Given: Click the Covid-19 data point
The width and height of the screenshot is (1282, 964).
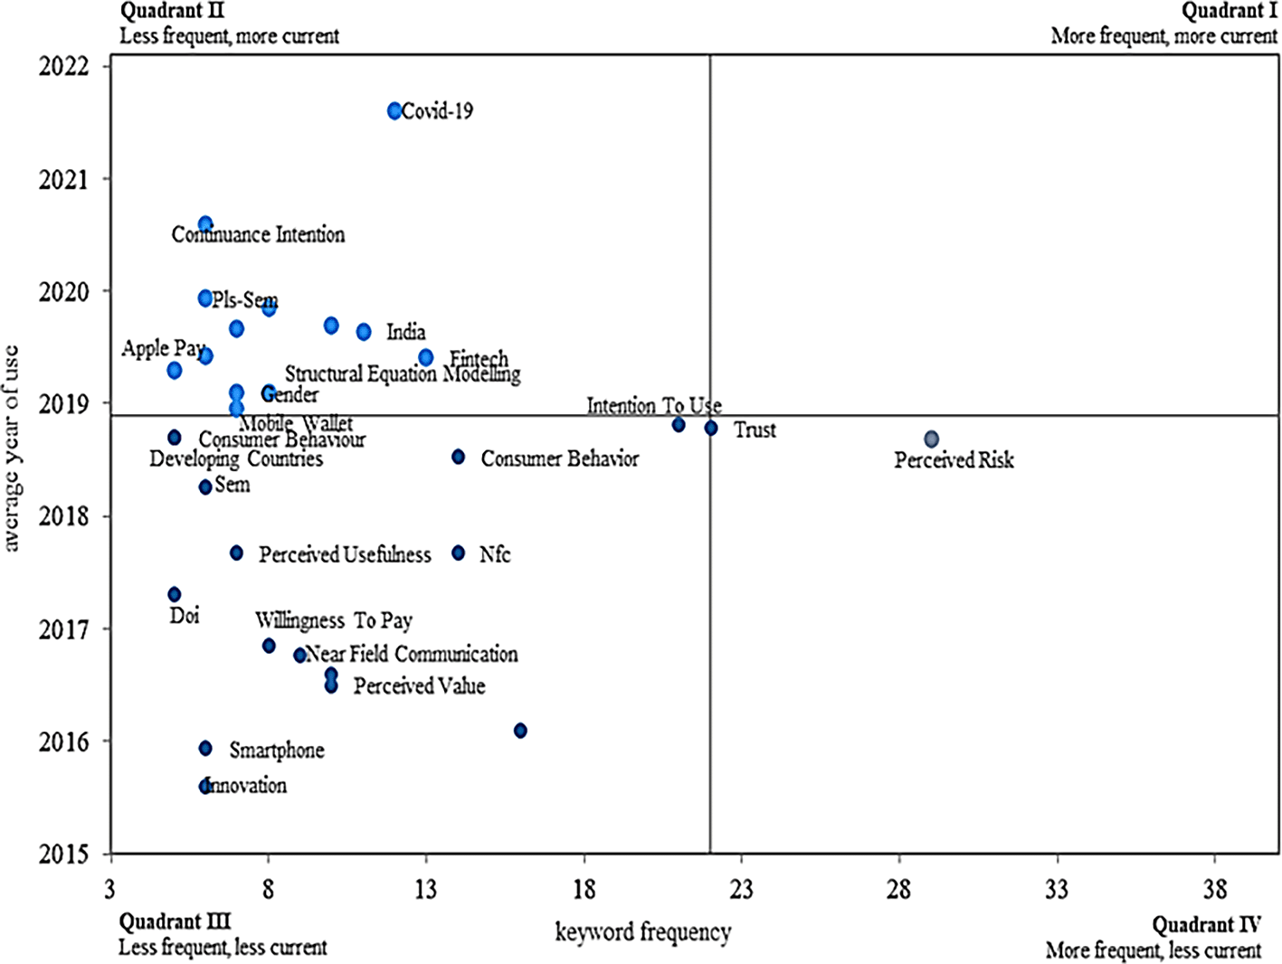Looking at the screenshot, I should click(394, 111).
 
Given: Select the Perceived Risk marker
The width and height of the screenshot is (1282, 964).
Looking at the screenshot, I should click(931, 439).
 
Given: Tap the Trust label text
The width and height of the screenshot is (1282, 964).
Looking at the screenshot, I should click(755, 430).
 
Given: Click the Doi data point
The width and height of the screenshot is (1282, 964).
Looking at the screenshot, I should click(175, 594).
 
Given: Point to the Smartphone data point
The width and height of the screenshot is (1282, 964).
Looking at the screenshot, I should click(205, 748).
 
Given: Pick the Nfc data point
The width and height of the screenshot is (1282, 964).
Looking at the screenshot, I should click(459, 553).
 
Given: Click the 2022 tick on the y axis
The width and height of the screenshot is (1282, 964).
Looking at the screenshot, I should click(64, 67).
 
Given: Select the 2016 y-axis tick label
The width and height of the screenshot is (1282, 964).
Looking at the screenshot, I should click(64, 742).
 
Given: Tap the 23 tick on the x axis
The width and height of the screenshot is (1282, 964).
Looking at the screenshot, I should click(741, 890).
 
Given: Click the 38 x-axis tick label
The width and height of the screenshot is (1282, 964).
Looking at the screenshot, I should click(1215, 890).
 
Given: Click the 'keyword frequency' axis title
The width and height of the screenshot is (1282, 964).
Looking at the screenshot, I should click(642, 931).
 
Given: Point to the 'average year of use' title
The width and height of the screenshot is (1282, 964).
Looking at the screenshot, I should click(12, 448).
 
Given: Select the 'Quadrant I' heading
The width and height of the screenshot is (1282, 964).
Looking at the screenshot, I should click(1230, 12).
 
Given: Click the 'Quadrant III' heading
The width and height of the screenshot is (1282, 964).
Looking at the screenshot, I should click(175, 922).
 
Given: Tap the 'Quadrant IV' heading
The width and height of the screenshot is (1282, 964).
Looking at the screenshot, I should click(1205, 925).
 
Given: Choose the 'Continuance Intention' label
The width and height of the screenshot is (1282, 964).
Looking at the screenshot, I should click(259, 235).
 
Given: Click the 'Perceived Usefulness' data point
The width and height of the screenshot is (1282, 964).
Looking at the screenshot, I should click(236, 553).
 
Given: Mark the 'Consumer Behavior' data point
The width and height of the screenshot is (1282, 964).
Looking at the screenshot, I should click(459, 458).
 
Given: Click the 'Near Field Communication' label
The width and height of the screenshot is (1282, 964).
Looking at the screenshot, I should click(412, 654).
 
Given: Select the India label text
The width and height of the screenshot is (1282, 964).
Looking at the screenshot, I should click(405, 332).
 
